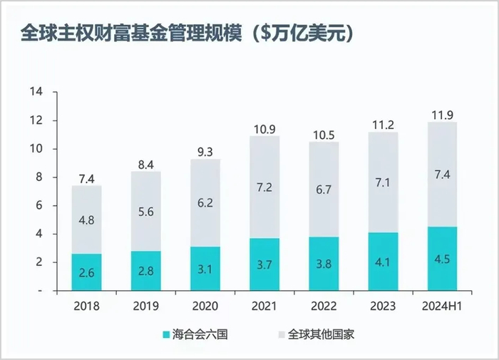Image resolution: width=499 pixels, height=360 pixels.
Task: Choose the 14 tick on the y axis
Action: [x=36, y=92]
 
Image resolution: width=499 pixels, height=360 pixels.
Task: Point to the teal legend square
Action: [x=165, y=334]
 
